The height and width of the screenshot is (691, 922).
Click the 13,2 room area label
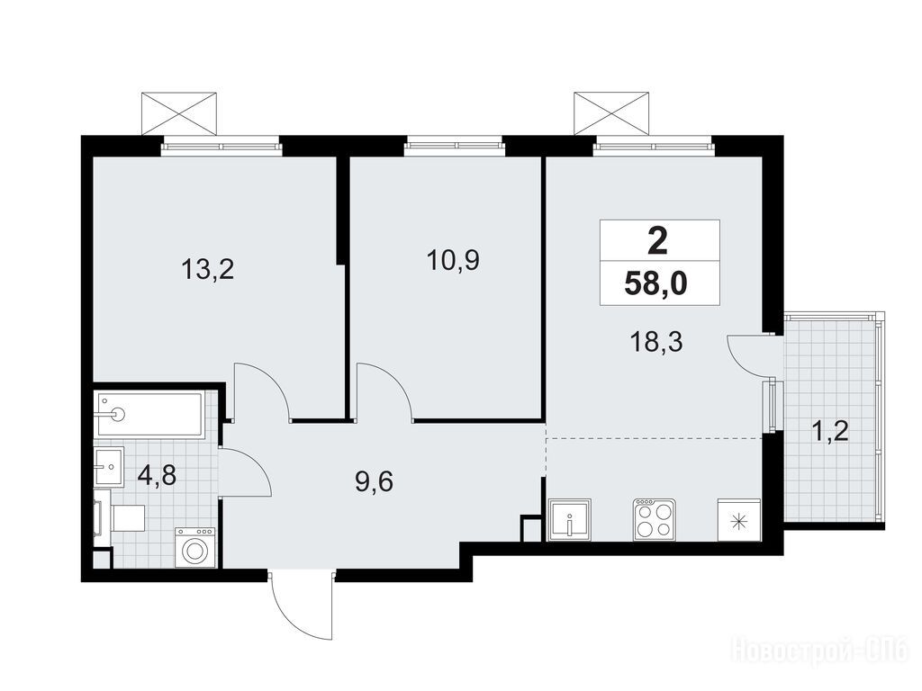pos(208,270)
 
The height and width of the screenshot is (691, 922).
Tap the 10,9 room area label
pos(453,260)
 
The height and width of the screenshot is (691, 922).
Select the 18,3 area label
pos(655,341)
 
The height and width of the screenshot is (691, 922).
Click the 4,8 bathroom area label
pos(157,475)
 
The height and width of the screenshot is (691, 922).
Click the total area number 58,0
pos(655,286)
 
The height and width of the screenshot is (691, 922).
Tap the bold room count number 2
pos(657,241)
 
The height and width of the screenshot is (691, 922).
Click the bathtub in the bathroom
pos(151,415)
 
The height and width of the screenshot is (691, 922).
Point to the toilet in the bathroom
pos(122,517)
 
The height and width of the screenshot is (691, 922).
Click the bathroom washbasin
pos(109,467)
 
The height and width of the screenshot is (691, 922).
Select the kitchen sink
pos(570,519)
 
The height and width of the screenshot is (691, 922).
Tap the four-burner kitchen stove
pos(654,519)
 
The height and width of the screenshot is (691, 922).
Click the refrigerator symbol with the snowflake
pos(739,519)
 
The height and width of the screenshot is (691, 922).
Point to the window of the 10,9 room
pos(454,145)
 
